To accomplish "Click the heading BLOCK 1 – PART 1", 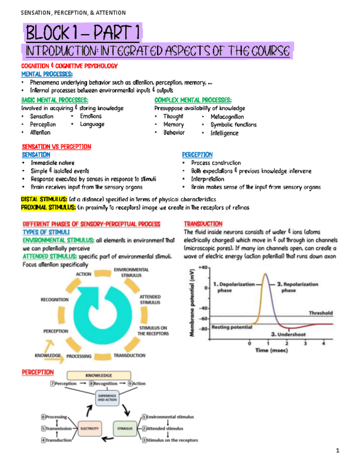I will tap(82, 34).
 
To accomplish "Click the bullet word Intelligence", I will tap(224, 132).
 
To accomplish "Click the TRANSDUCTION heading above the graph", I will tap(203, 224).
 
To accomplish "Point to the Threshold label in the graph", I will tap(320, 313).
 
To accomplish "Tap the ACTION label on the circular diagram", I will tap(84, 274).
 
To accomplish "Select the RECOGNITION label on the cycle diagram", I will tap(54, 299).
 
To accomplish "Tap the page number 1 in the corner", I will tap(338, 451).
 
